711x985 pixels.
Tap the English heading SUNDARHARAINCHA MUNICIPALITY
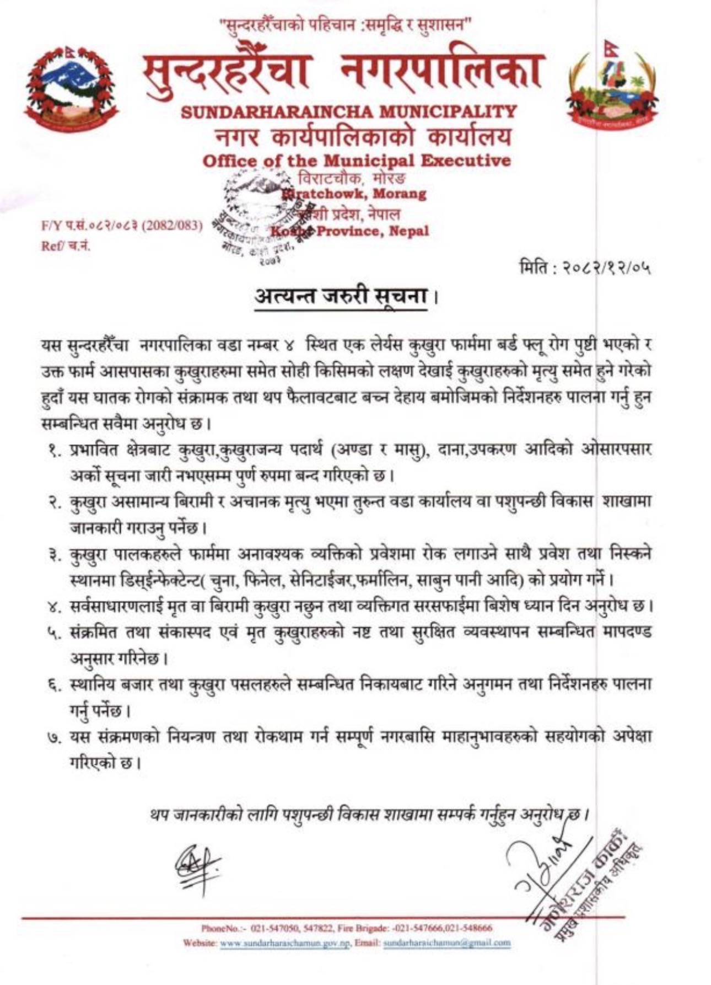click(349, 111)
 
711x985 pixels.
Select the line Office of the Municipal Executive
click(356, 161)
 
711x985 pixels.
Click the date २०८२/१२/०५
click(606, 269)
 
